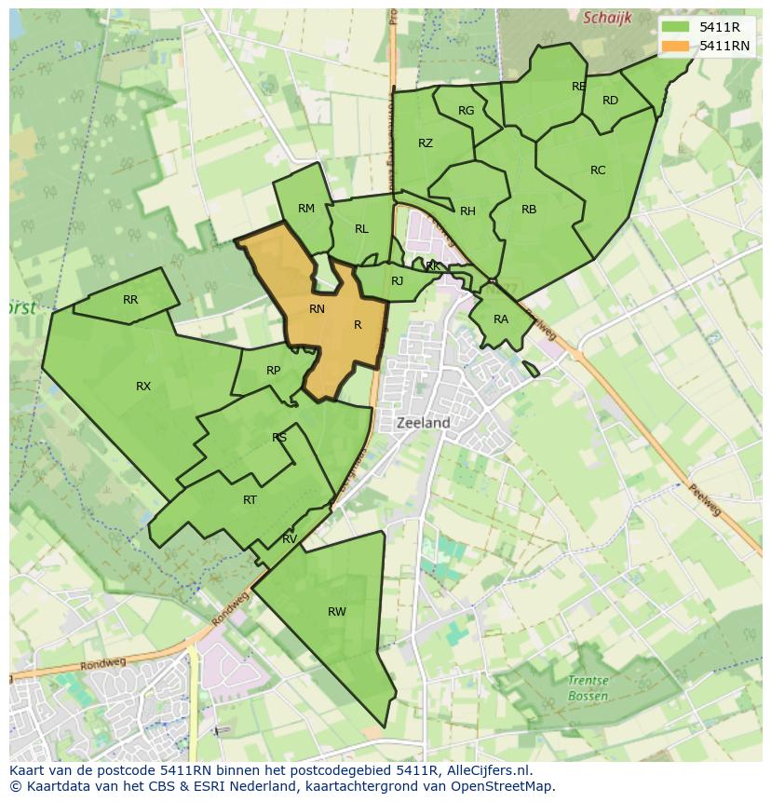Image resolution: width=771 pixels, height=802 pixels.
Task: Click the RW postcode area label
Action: tap(336, 612)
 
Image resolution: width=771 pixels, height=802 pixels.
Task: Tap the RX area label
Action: tap(143, 387)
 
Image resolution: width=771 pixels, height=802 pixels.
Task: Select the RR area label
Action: tap(130, 300)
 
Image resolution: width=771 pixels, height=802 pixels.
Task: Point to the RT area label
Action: tap(250, 500)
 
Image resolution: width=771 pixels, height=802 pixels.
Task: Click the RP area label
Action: tap(273, 371)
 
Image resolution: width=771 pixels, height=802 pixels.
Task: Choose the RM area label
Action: tap(306, 209)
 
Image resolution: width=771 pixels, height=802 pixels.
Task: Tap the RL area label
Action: tap(361, 229)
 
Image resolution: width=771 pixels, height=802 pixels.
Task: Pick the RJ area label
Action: tap(398, 281)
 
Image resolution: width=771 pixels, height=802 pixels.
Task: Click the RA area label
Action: tap(501, 319)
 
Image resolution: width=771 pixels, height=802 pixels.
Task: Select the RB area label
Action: tap(529, 210)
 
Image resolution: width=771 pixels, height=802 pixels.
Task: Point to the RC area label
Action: tap(598, 170)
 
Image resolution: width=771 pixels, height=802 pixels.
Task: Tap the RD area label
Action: tap(610, 101)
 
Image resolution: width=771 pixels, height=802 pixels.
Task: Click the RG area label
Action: tap(467, 111)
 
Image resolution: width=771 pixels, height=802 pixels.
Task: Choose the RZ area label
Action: tap(426, 143)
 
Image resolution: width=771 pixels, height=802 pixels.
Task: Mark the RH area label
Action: tap(467, 211)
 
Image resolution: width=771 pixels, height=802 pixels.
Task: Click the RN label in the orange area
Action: tap(317, 309)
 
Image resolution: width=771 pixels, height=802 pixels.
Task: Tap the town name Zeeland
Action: tap(423, 423)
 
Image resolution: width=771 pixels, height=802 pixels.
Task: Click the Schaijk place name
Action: tap(606, 18)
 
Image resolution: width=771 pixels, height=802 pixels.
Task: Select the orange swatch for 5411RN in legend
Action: tap(677, 46)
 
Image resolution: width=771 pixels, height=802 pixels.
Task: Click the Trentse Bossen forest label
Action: tap(588, 688)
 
